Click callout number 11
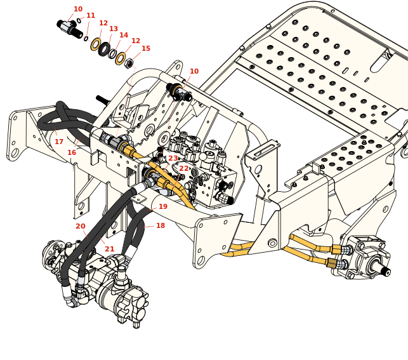click(91, 16)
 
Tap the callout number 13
click(114, 29)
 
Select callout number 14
click(124, 36)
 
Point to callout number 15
click(146, 49)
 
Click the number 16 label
click(72, 153)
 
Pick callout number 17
click(59, 142)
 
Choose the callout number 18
click(161, 226)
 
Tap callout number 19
click(163, 207)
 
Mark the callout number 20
click(81, 227)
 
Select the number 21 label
click(110, 250)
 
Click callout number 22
click(184, 169)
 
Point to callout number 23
click(173, 159)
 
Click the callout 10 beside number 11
click(78, 10)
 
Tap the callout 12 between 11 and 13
click(103, 23)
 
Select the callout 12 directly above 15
click(136, 41)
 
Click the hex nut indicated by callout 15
click(129, 63)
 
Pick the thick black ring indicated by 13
click(104, 49)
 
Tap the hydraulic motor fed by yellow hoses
click(367, 260)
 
